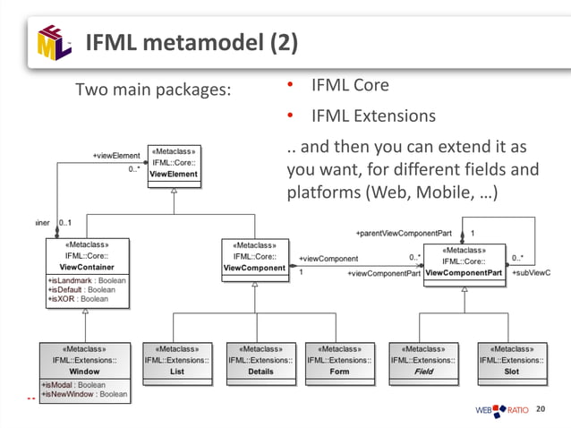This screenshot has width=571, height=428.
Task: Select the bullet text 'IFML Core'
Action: click(349, 86)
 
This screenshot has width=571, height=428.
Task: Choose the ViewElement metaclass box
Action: click(174, 163)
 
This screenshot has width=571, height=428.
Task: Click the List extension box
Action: click(176, 361)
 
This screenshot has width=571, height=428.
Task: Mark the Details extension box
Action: click(261, 361)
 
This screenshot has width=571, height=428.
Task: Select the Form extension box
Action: click(339, 361)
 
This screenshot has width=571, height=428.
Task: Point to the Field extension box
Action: click(423, 361)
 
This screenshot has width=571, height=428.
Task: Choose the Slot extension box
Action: click(511, 361)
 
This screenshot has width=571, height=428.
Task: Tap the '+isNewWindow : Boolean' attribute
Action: click(88, 394)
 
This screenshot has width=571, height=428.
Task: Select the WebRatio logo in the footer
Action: click(501, 411)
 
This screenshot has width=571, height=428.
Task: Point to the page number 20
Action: click(539, 409)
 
